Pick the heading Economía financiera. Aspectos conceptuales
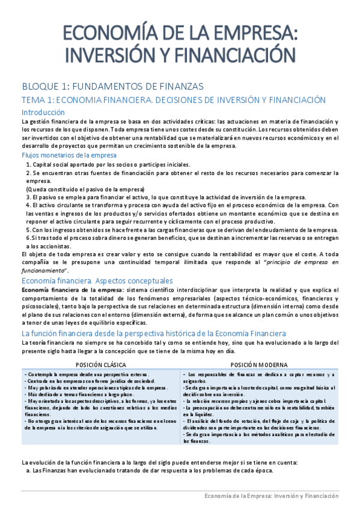[x=97, y=280]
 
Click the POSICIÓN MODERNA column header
[x=259, y=364]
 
